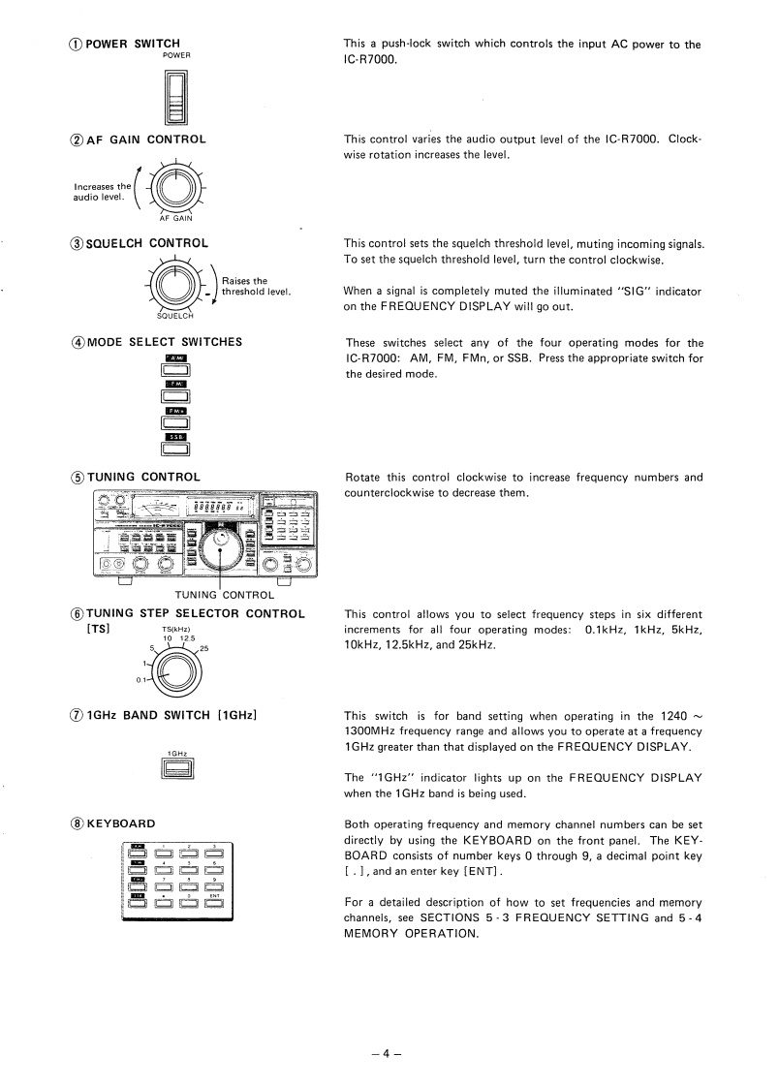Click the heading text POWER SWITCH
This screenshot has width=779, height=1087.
click(133, 44)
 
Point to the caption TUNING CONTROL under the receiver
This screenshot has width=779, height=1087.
click(224, 595)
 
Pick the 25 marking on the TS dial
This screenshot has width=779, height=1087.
click(205, 649)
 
